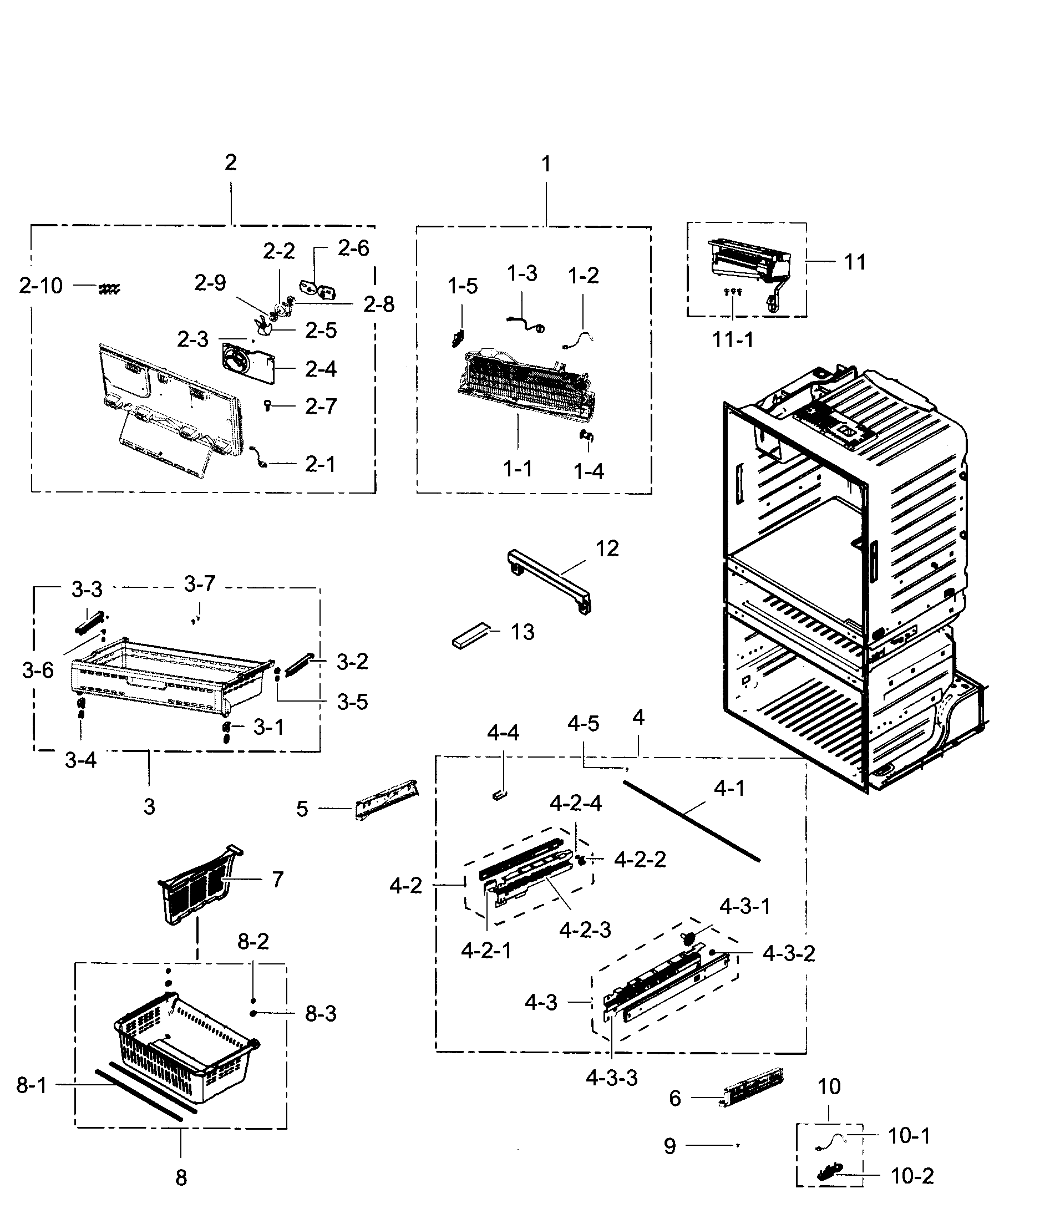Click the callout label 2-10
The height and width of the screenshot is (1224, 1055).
(x=40, y=286)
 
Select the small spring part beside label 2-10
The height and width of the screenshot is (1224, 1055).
(x=109, y=289)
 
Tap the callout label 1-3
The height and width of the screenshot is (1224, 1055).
(x=522, y=273)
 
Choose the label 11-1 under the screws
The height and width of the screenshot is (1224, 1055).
(x=733, y=341)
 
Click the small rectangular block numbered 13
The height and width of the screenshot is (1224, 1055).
(x=471, y=635)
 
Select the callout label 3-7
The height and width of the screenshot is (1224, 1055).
(x=200, y=584)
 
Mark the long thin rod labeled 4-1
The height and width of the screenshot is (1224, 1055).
(x=691, y=821)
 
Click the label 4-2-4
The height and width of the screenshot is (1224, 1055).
(x=576, y=804)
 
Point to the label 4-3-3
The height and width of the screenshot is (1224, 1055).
(x=611, y=1078)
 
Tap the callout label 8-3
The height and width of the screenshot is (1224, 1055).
(x=321, y=1014)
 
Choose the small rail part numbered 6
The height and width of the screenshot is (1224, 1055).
(x=754, y=1088)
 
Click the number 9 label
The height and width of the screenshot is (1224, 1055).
(x=669, y=1146)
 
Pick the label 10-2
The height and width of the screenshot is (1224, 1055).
(x=912, y=1176)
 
